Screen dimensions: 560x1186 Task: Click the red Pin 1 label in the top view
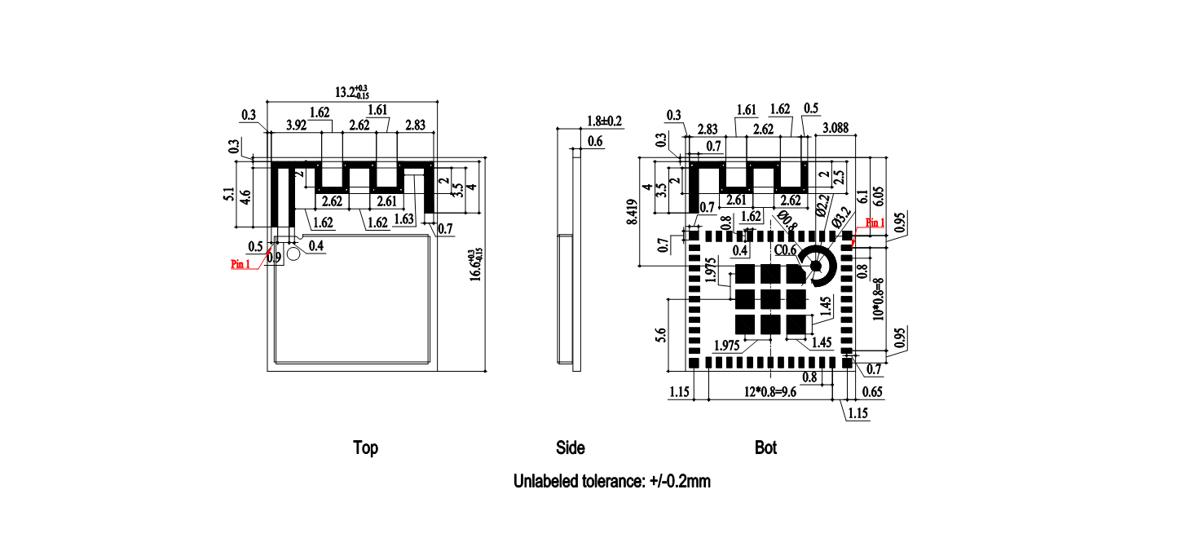tap(240, 264)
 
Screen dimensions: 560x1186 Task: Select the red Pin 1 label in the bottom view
tap(875, 223)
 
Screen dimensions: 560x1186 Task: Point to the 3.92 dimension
tap(296, 126)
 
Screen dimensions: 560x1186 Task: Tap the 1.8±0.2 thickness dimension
tap(604, 121)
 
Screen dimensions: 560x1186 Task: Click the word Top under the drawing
tap(365, 448)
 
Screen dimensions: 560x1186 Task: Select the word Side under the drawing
tap(570, 448)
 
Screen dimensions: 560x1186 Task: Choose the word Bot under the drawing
tap(765, 448)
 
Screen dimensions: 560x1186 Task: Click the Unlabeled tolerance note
tap(611, 481)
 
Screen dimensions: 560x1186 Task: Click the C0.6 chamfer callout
tap(785, 250)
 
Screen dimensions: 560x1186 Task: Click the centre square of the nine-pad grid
tap(769, 299)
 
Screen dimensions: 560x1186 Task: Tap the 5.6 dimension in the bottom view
tap(660, 334)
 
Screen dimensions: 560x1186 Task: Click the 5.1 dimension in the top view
tap(228, 194)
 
